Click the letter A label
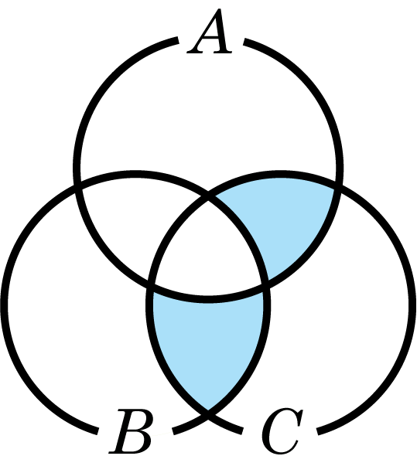pyautogui.click(x=210, y=32)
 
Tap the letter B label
pyautogui.click(x=131, y=431)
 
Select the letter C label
pyautogui.click(x=282, y=431)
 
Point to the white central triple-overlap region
pyautogui.click(x=208, y=254)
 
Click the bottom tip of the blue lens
pyautogui.click(x=208, y=410)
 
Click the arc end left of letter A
pyautogui.click(x=177, y=41)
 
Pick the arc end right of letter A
pyautogui.click(x=244, y=42)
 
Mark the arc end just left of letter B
pyautogui.click(x=97, y=431)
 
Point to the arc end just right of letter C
pyautogui.click(x=318, y=431)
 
